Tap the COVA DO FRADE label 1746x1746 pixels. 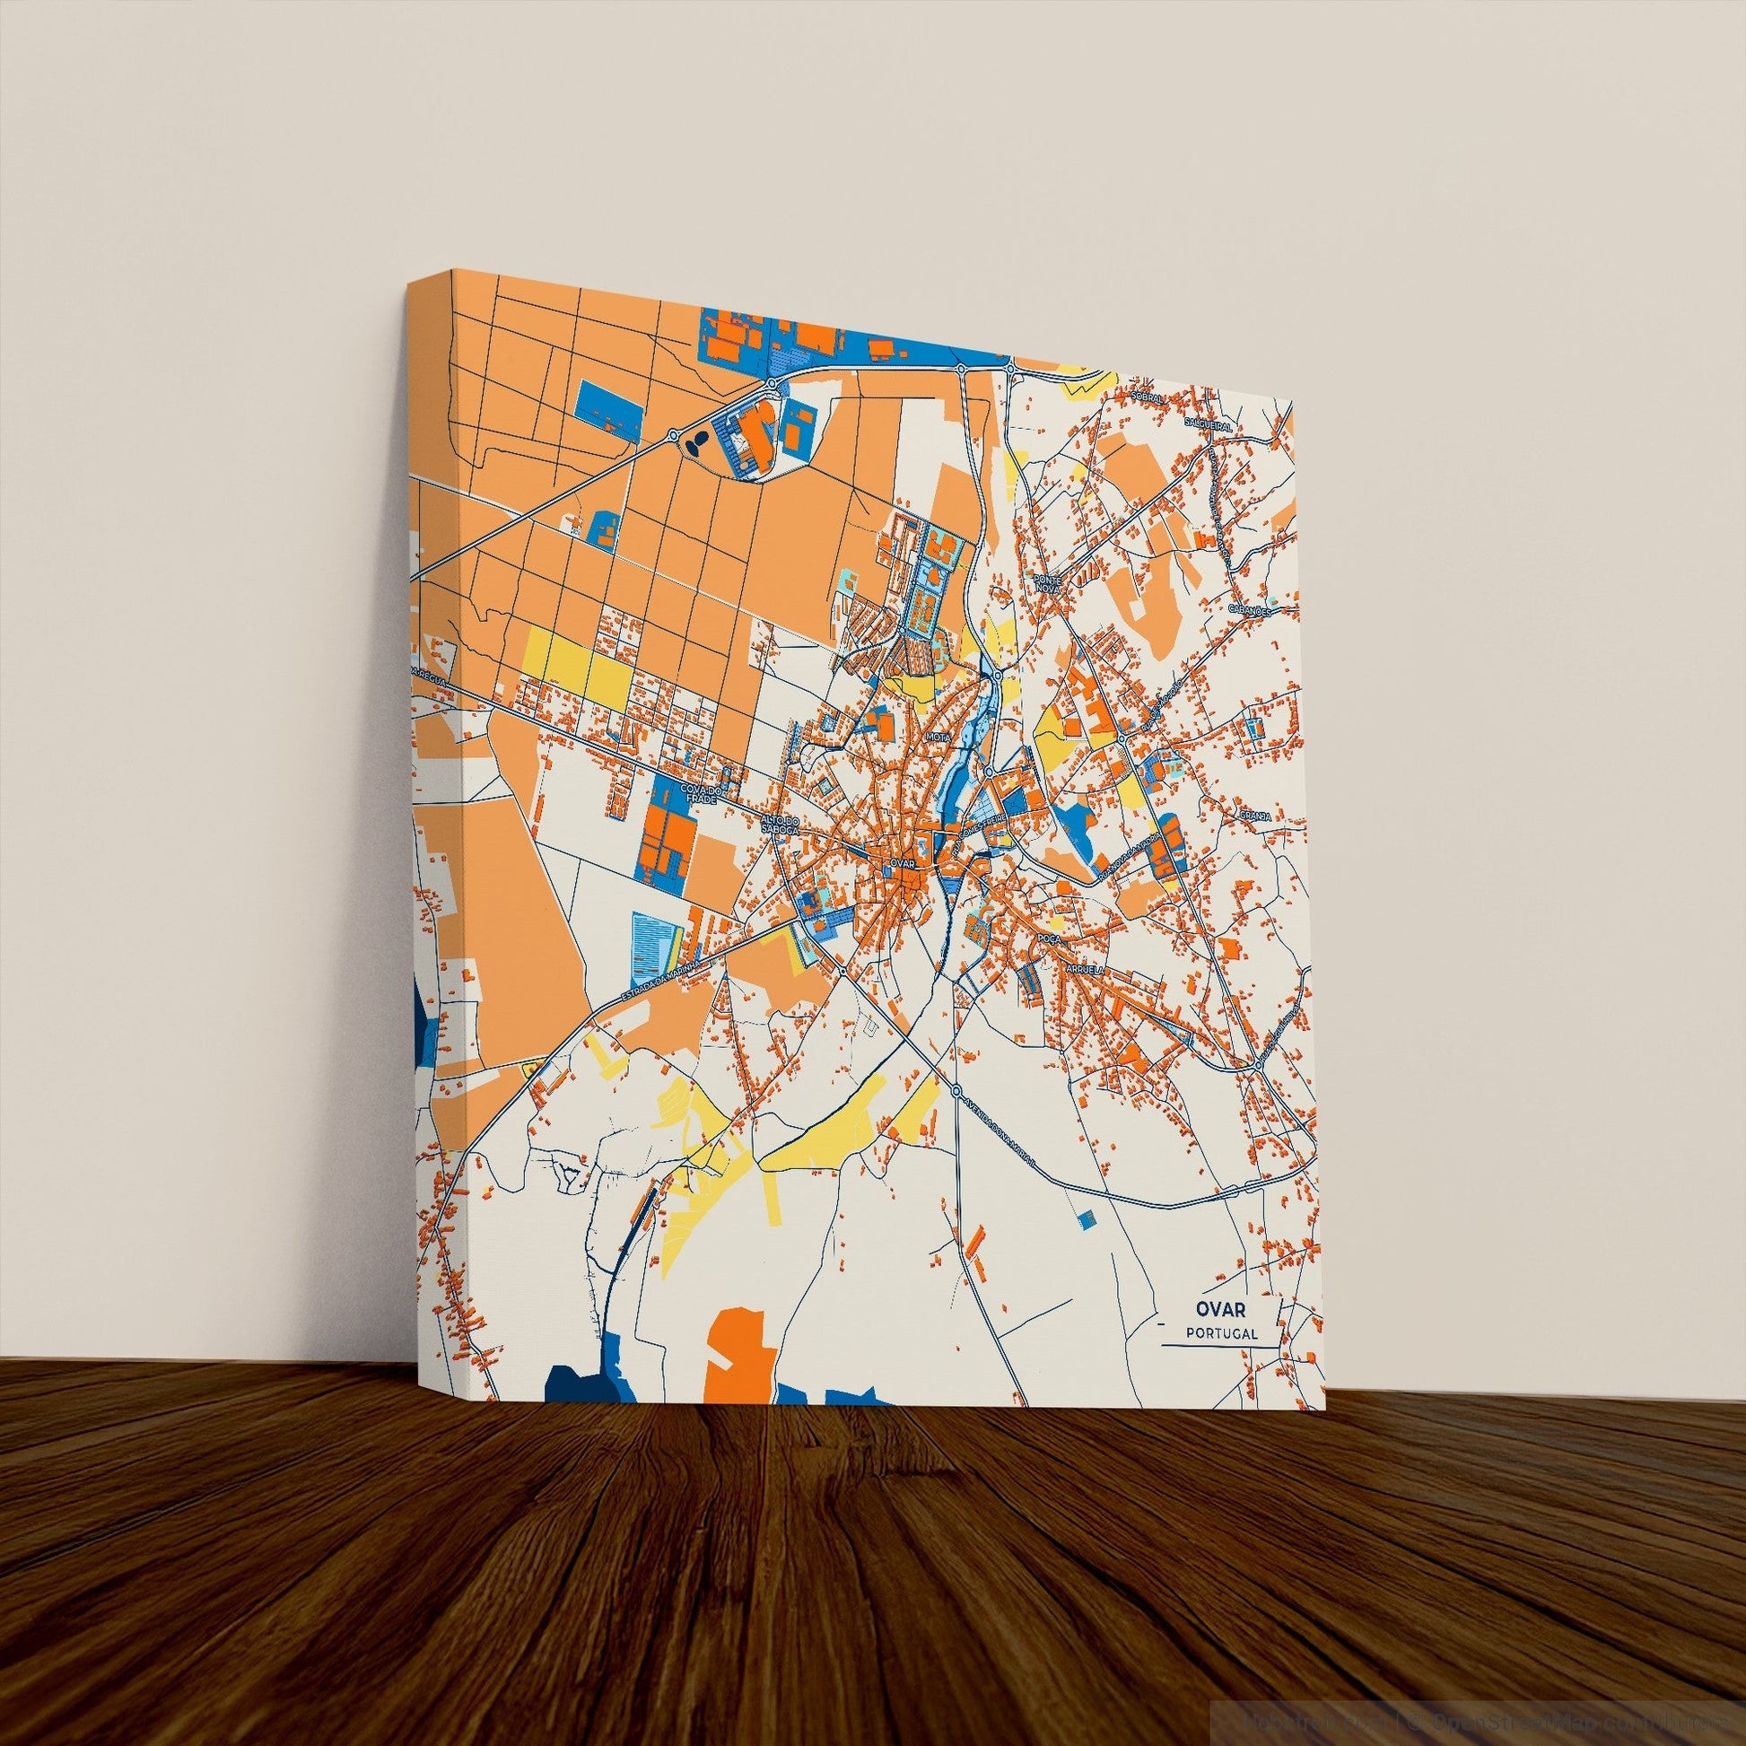click(700, 794)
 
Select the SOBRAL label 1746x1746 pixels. click(1148, 395)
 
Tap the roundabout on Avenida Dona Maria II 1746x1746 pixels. click(956, 1092)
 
